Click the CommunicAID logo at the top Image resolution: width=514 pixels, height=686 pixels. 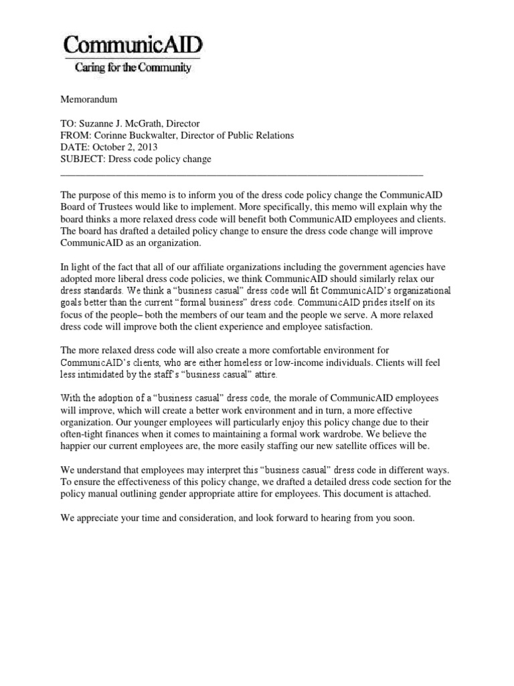coord(133,46)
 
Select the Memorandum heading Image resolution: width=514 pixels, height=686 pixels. coord(89,99)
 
